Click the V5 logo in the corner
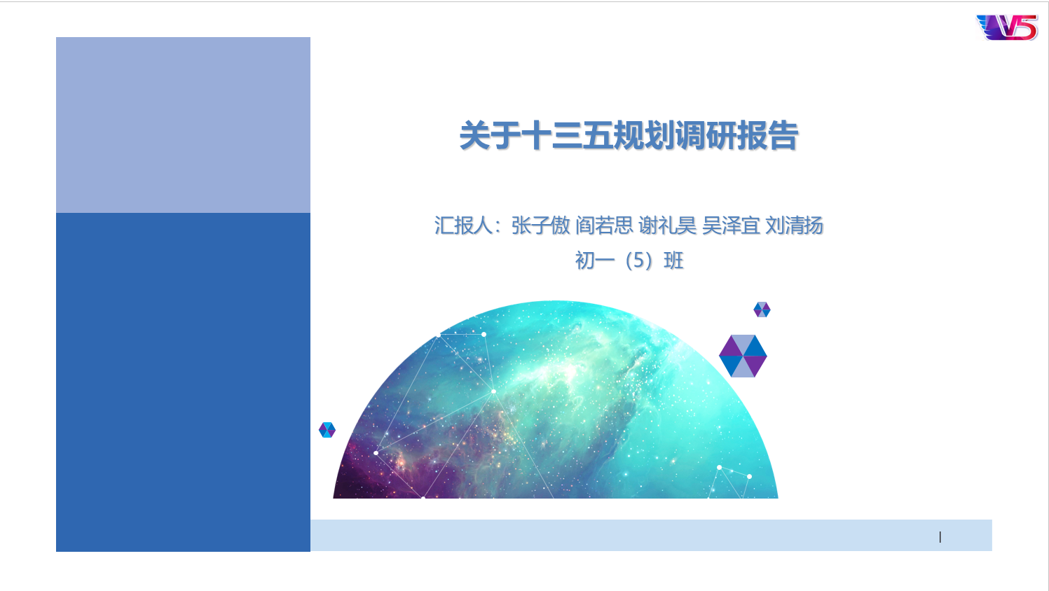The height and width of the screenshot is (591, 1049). click(1007, 27)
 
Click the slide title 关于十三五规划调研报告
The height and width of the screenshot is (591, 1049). click(629, 136)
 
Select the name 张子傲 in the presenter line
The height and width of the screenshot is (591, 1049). click(540, 225)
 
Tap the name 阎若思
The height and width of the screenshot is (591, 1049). click(604, 225)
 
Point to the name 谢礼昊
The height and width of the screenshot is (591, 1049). click(667, 225)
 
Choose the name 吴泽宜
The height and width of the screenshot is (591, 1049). click(731, 225)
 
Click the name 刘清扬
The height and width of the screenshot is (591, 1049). click(794, 225)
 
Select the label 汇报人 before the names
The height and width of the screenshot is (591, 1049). click(463, 225)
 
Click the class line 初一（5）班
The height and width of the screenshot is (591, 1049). click(629, 260)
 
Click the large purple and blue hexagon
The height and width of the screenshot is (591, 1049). click(743, 356)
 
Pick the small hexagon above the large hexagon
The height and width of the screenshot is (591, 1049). click(762, 310)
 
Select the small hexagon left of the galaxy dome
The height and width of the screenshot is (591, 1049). click(327, 429)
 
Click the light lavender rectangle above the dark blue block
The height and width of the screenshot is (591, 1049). click(183, 125)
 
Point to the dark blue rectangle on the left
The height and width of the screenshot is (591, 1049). click(183, 382)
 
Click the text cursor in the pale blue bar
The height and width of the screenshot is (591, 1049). click(940, 536)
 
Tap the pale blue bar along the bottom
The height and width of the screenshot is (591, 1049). click(651, 535)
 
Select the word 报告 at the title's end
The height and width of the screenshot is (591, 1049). click(768, 136)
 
